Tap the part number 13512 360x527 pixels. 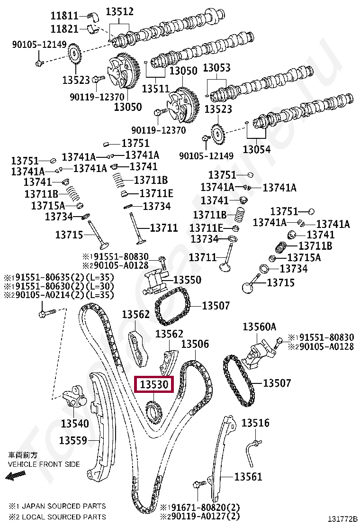click(119, 11)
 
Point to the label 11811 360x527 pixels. click(64, 16)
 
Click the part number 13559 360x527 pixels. click(73, 441)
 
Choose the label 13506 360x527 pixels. click(195, 344)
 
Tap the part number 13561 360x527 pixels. click(248, 477)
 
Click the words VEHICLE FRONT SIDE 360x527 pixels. click(44, 464)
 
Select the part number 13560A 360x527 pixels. click(259, 327)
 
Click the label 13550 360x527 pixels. click(187, 280)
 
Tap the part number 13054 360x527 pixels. click(257, 150)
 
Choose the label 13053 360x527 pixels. click(217, 68)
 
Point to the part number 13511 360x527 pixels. click(155, 88)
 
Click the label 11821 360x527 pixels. click(64, 29)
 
